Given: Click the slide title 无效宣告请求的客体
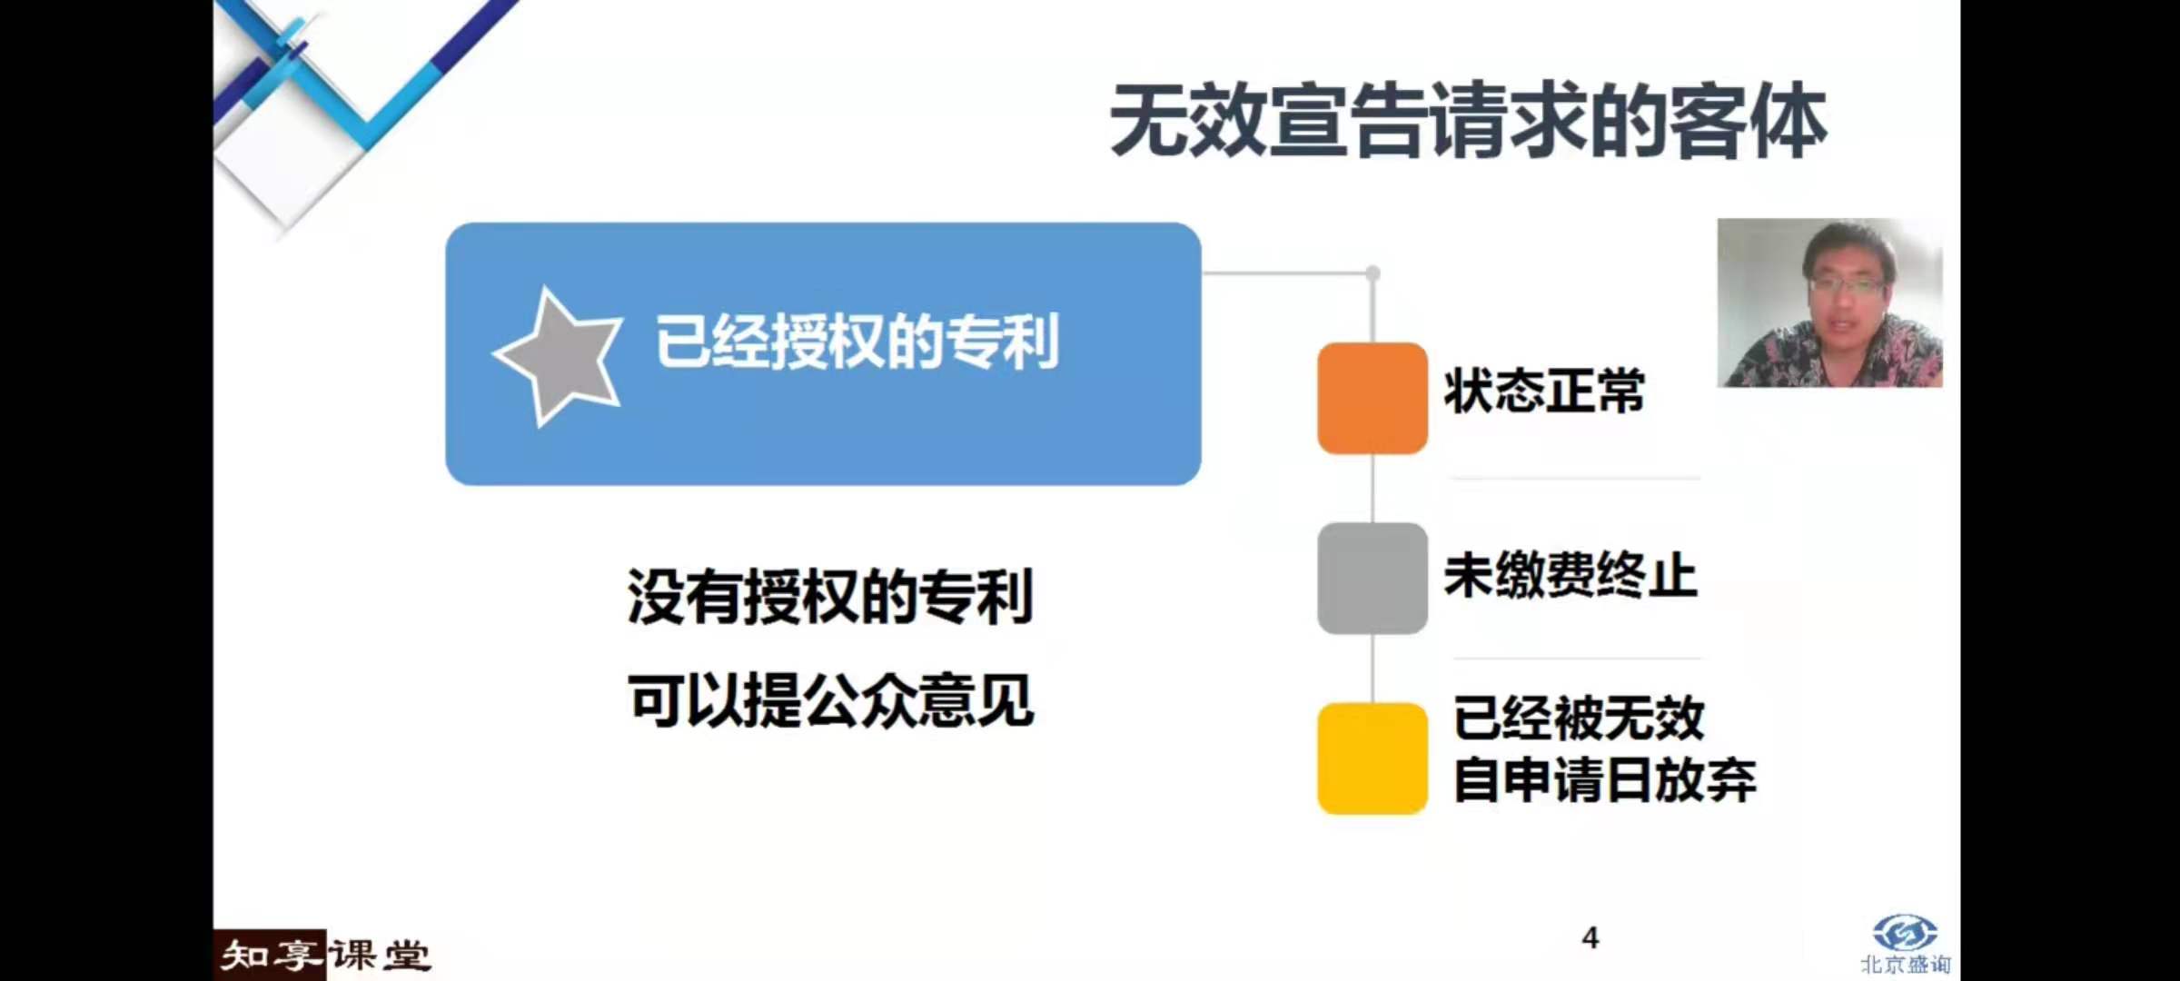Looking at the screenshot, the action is pyautogui.click(x=1468, y=121).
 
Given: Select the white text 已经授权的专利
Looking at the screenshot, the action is pyautogui.click(x=857, y=342).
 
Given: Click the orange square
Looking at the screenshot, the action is pyautogui.click(x=1372, y=398).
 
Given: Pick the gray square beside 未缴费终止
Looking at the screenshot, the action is pyautogui.click(x=1372, y=578).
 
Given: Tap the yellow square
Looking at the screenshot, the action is pyautogui.click(x=1372, y=758).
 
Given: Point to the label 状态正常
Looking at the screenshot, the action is pyautogui.click(x=1544, y=391).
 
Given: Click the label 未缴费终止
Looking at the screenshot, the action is pyautogui.click(x=1571, y=575).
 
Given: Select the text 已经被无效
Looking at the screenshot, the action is pyautogui.click(x=1579, y=718).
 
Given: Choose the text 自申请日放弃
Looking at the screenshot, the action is pyautogui.click(x=1605, y=779).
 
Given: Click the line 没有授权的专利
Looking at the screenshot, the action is pyautogui.click(x=830, y=597).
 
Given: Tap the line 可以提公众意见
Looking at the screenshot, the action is pyautogui.click(x=830, y=700).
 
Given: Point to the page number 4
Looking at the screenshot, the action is pyautogui.click(x=1590, y=937).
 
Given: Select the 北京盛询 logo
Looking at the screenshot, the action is pyautogui.click(x=1905, y=945).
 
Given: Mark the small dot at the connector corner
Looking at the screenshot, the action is pyautogui.click(x=1372, y=272).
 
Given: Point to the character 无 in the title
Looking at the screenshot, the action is pyautogui.click(x=1150, y=121).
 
